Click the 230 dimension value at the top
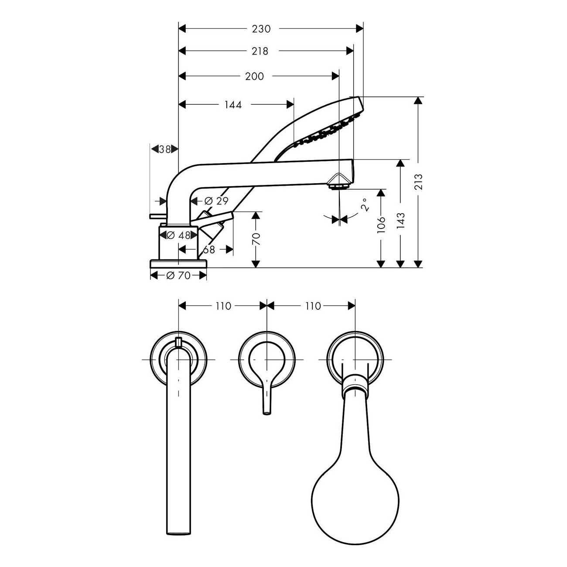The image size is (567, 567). pos(261,29)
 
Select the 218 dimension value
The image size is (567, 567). pos(260,51)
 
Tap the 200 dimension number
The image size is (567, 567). pos(254,76)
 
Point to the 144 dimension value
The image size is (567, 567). pos(233,105)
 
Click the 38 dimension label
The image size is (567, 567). pos(164,149)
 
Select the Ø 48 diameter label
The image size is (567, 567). pos(178,236)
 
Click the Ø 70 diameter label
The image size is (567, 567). pos(178,276)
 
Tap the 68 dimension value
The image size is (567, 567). pos(209,249)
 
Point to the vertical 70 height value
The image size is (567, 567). pos(256,239)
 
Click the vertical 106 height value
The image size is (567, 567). pos(381,225)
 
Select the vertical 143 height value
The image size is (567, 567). pos(401,221)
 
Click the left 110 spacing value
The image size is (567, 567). pos(223,306)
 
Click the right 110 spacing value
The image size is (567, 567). pos(313,306)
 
